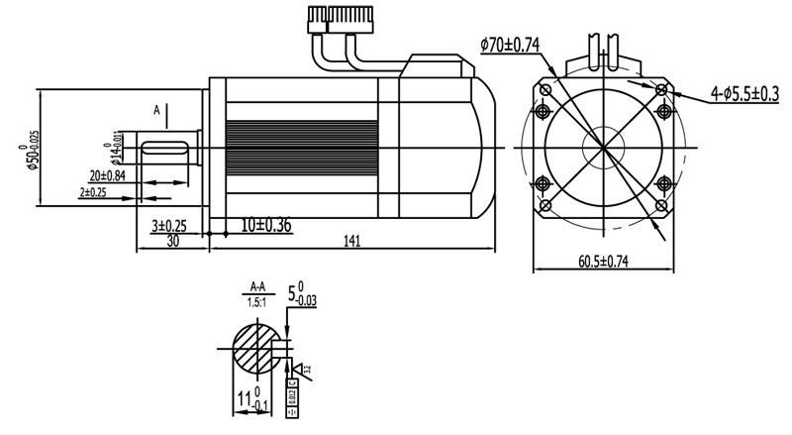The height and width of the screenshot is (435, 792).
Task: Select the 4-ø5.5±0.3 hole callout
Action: coord(744,95)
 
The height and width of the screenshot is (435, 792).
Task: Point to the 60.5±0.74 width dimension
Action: coord(603,262)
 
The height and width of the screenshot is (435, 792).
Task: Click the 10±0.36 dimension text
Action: coord(265,225)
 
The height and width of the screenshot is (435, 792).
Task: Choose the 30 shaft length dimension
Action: coord(172,241)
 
